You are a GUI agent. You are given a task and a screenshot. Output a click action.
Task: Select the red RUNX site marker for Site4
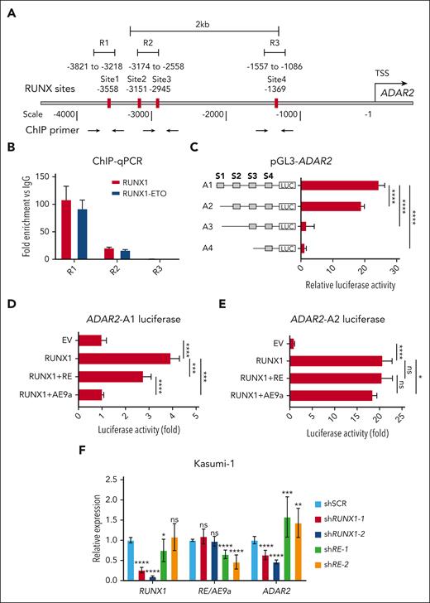pos(276,103)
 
